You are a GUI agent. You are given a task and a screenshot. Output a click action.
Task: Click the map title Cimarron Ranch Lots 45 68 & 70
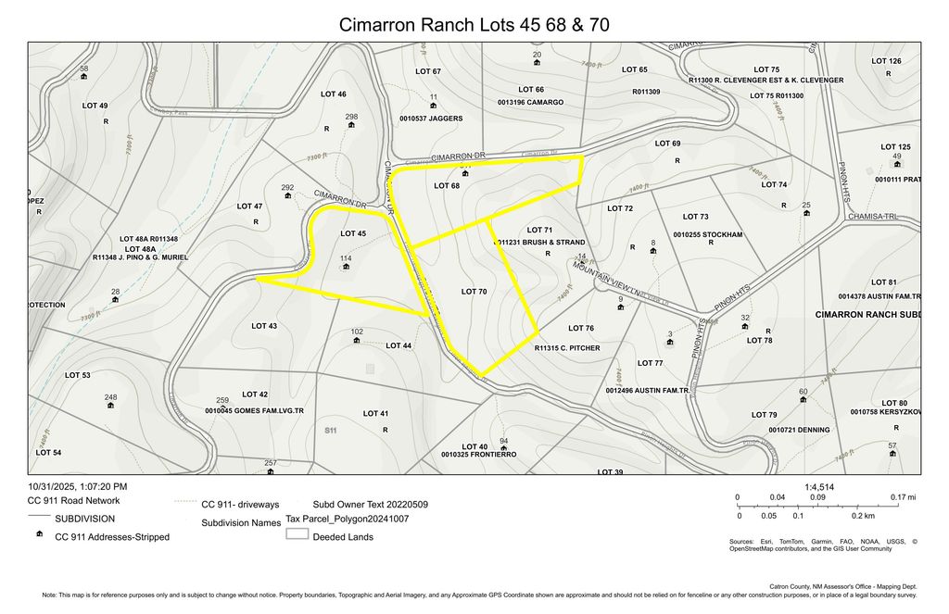[474, 23]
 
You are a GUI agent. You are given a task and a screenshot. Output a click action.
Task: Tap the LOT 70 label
[474, 292]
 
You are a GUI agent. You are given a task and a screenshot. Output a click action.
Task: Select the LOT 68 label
[447, 186]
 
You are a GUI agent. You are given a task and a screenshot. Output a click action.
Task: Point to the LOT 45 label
[353, 233]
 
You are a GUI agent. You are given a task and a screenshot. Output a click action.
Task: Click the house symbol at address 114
[346, 267]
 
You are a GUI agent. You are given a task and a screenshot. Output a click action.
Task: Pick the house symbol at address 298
[350, 125]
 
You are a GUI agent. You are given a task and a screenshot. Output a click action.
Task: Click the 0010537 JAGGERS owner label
[431, 119]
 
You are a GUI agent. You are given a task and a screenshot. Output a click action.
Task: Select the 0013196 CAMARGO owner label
[530, 102]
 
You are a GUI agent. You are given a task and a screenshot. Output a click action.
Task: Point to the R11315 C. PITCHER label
[567, 348]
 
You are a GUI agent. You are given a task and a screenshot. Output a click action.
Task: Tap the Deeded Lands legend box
[297, 535]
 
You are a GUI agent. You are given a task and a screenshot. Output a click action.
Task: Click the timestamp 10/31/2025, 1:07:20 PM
[78, 486]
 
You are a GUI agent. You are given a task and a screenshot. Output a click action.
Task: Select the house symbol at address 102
[357, 340]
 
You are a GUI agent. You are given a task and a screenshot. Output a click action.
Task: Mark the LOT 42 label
[255, 395]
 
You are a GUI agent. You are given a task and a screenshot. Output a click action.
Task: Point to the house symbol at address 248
[110, 405]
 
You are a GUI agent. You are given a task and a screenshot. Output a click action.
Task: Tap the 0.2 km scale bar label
[864, 516]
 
